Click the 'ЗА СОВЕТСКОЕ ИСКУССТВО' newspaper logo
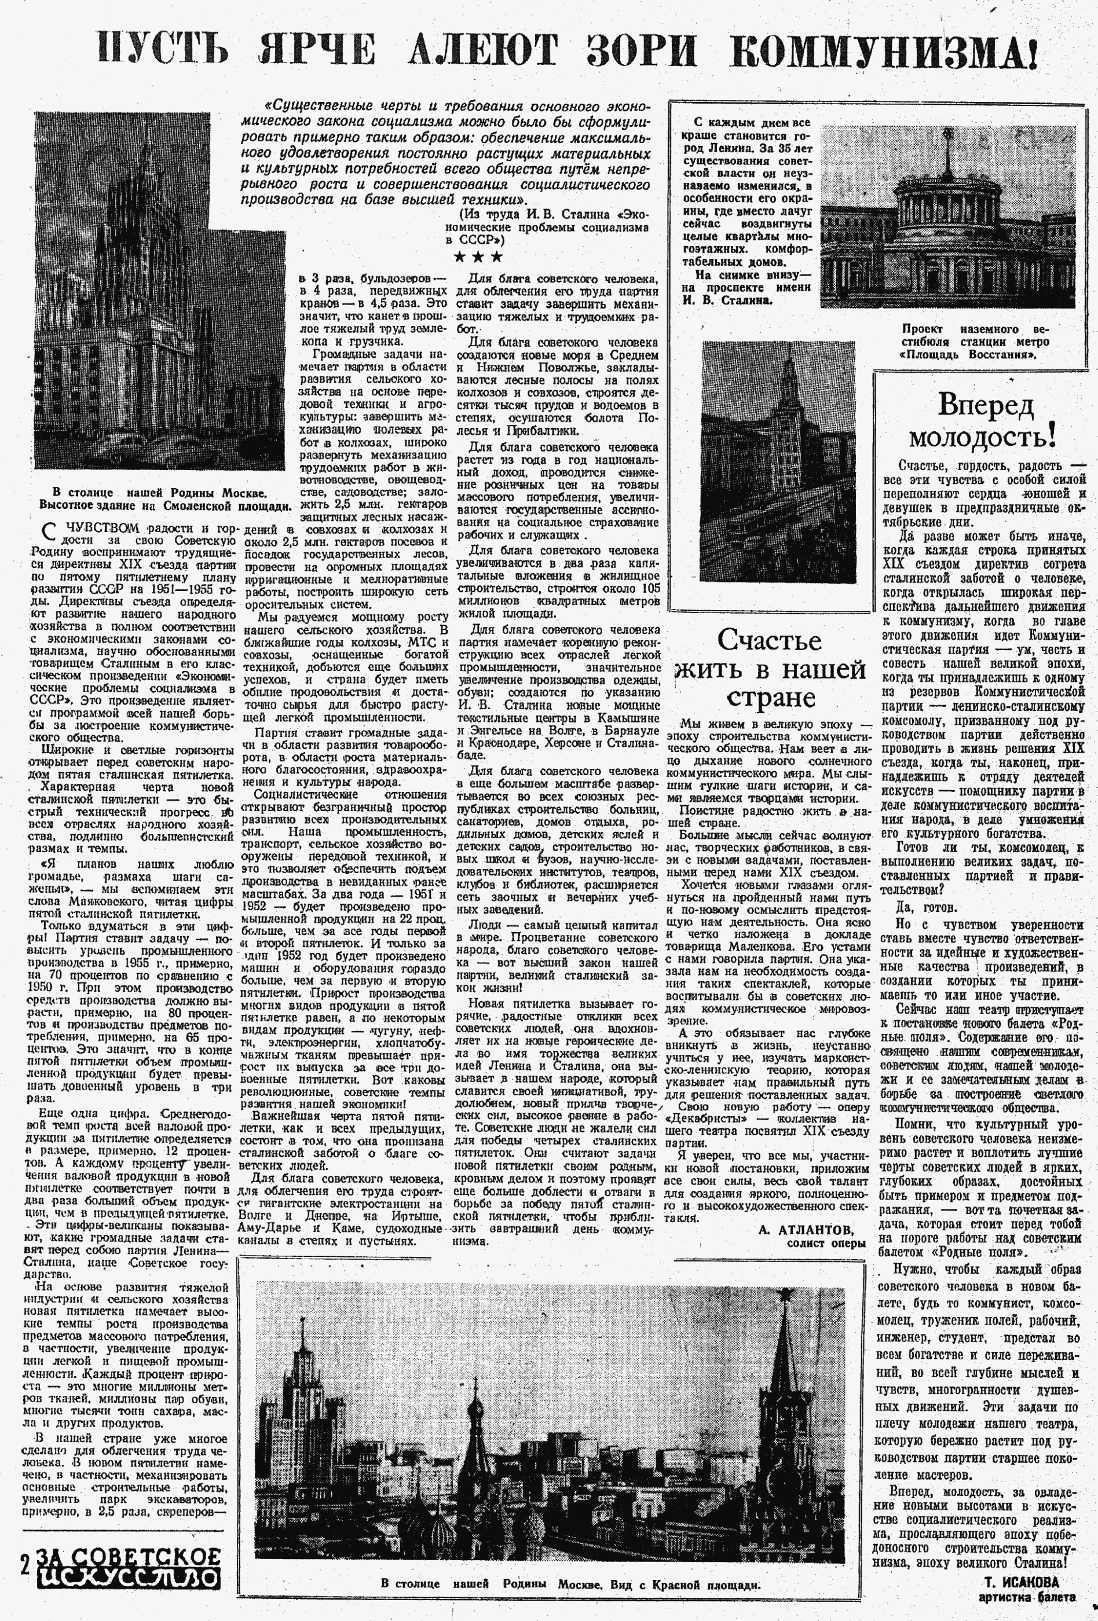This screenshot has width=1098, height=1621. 129,1564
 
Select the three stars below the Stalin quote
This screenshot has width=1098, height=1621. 478,256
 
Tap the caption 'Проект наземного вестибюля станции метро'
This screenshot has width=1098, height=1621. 975,341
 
